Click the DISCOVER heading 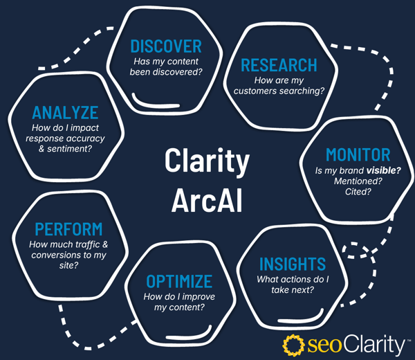166,46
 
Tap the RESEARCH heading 278,65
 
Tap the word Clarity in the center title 207,162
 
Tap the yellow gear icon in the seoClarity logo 295,343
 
